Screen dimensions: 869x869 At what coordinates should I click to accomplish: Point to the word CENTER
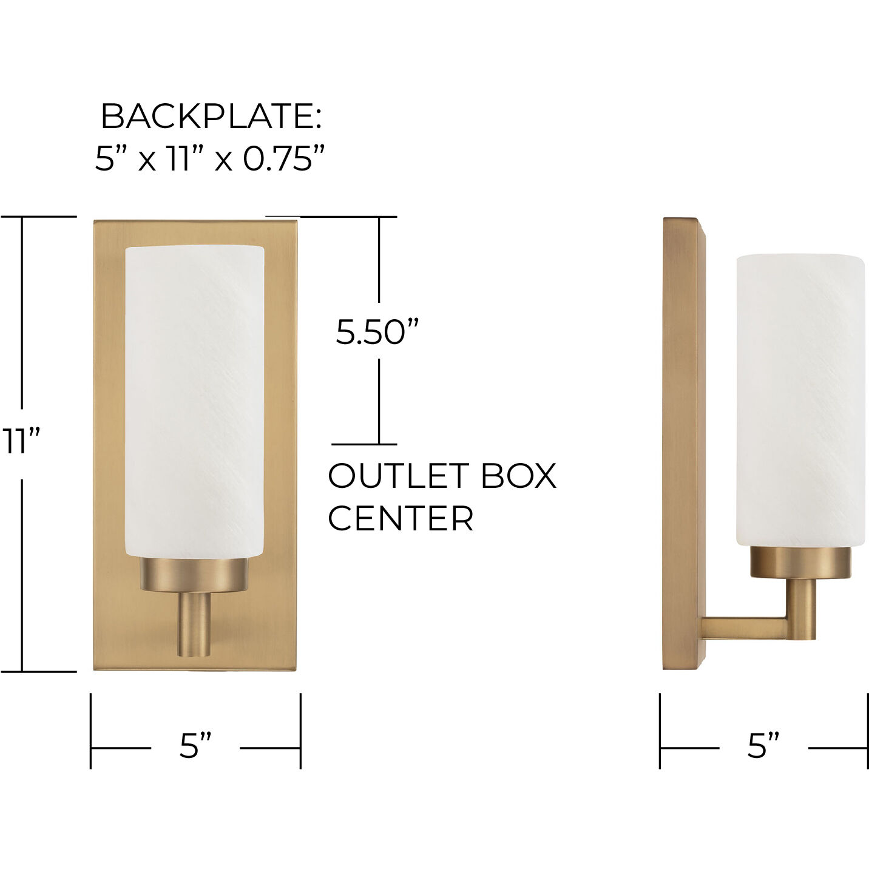(x=401, y=519)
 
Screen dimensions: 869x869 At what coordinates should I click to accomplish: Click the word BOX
(x=518, y=476)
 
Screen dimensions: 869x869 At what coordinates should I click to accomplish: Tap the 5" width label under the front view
(x=195, y=746)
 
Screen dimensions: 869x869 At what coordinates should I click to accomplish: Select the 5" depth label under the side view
(x=763, y=746)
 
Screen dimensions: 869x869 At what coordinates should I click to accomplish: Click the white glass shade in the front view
(x=194, y=401)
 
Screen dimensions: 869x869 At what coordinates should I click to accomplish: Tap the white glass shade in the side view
(x=800, y=401)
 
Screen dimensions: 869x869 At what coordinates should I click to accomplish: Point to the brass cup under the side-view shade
(x=800, y=562)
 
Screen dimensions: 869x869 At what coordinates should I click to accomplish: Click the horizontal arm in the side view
(x=743, y=627)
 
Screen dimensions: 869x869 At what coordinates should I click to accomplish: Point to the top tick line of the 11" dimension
(x=38, y=216)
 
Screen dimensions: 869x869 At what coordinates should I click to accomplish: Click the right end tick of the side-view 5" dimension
(x=867, y=731)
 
